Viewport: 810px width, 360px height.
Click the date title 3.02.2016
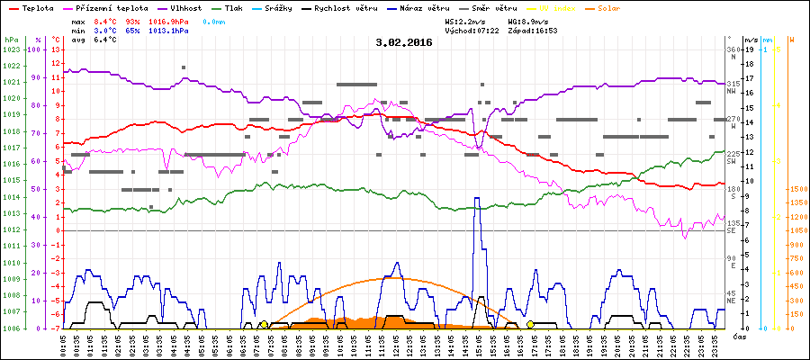point(404,42)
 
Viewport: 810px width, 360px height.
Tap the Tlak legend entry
point(232,7)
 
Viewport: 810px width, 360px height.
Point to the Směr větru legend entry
point(494,7)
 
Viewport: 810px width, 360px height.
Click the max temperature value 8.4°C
point(106,20)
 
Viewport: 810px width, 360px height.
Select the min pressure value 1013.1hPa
point(172,30)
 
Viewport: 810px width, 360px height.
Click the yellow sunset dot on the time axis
point(530,324)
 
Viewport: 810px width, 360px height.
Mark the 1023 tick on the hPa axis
point(11,49)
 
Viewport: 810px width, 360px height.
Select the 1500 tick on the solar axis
point(797,190)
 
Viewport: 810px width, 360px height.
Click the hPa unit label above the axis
point(10,40)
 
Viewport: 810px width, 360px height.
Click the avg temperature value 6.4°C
point(106,40)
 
